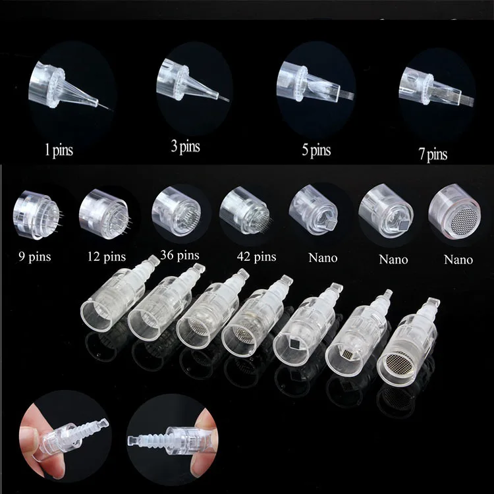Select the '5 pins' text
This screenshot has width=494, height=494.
coord(316,149)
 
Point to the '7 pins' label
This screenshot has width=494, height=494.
coord(432,155)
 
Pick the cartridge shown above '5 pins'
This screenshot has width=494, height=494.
coord(310,82)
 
